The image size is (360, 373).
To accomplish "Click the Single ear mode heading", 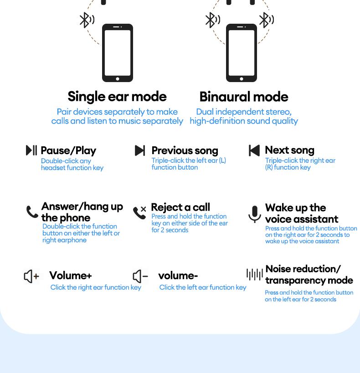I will (117, 97).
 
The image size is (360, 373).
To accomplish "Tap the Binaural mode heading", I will (244, 97).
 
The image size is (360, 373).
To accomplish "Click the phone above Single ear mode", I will (118, 52).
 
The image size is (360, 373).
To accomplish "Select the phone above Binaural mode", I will (242, 52).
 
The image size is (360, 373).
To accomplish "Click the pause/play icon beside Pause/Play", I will (31, 150).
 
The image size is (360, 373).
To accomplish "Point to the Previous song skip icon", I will (140, 150).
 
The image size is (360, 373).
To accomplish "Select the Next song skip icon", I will (254, 150).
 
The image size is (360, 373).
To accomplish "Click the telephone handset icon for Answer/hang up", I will (32, 212).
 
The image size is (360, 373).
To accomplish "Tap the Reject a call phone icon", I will (139, 212).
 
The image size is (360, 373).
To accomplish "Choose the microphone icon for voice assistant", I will (255, 214).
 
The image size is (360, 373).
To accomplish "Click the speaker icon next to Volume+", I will (31, 276).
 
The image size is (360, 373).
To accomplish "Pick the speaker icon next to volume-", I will (140, 276).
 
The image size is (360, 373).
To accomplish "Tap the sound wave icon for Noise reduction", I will (255, 274).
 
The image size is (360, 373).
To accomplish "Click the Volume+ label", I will (71, 275).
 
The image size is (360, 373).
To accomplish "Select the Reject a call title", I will (180, 207).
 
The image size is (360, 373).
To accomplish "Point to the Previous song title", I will (185, 150).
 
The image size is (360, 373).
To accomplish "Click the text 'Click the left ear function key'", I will (203, 287).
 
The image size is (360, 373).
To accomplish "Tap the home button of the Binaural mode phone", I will (242, 78).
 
